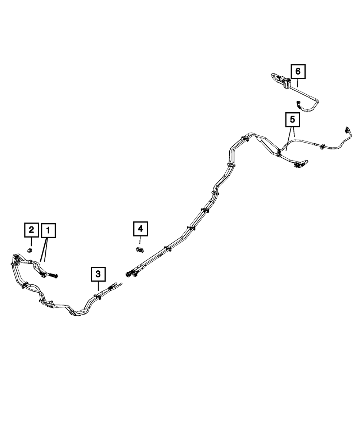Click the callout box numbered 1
pyautogui.click(x=48, y=230)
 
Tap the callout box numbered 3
pyautogui.click(x=98, y=274)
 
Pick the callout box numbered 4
pyautogui.click(x=140, y=228)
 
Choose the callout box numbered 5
pyautogui.click(x=292, y=120)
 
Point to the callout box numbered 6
pyautogui.click(x=298, y=71)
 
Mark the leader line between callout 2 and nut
pyautogui.click(x=31, y=242)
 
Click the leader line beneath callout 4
pyautogui.click(x=140, y=240)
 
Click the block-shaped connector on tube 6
pyautogui.click(x=287, y=84)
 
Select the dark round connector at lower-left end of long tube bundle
pyautogui.click(x=128, y=274)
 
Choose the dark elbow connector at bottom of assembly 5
pyautogui.click(x=298, y=165)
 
